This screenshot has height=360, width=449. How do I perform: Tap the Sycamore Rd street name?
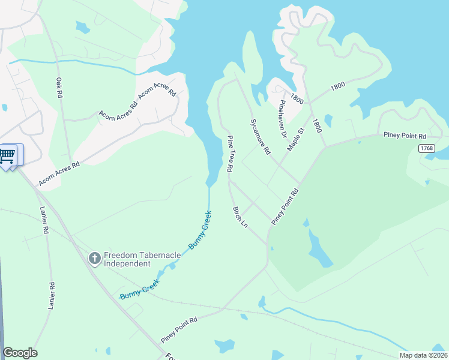coord(259,137)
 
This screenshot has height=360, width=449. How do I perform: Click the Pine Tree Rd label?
coord(229,154)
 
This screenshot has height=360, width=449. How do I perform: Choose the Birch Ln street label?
coord(240,217)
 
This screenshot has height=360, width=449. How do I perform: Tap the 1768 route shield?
coord(427,148)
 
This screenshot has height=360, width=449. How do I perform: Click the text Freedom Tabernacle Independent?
coord(142,259)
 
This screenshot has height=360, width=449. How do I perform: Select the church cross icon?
coord(94,259)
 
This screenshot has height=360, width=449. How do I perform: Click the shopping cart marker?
coord(7,156)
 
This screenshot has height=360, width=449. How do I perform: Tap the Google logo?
coord(20,353)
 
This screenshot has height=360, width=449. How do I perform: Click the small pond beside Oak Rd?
coord(82,27)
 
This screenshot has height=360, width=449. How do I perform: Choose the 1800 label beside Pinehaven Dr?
coord(296,97)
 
